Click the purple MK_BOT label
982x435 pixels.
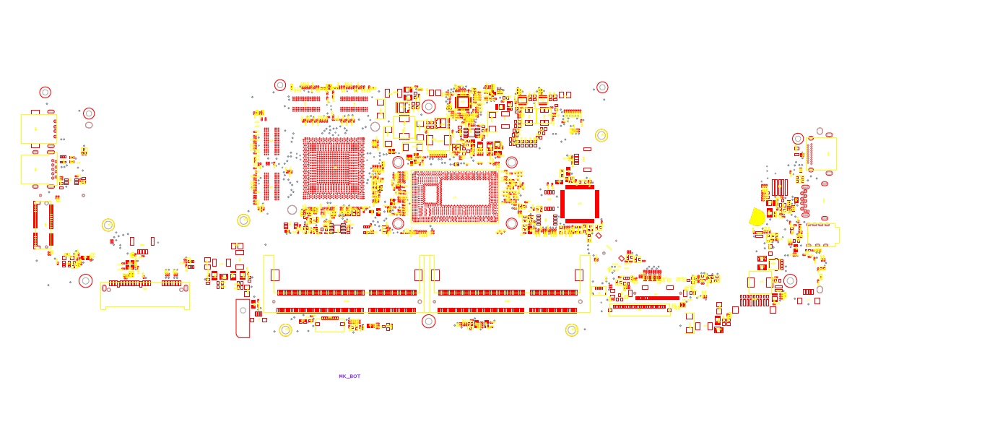coord(349,376)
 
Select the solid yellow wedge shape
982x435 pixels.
coord(756,217)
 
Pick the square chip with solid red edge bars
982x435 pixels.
coord(580,204)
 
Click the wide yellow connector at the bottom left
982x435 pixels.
coord(145,296)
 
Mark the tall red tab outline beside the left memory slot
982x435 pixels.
coord(243,318)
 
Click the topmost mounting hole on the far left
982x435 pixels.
coord(45,92)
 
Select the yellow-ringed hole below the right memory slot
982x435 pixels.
coord(571,330)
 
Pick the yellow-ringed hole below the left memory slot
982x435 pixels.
coord(285,330)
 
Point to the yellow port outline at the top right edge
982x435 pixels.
coord(822,153)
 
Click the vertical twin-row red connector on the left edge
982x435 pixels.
coord(43,225)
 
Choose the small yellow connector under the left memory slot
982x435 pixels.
coord(330,326)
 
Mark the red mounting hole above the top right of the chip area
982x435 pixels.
coord(602,87)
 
